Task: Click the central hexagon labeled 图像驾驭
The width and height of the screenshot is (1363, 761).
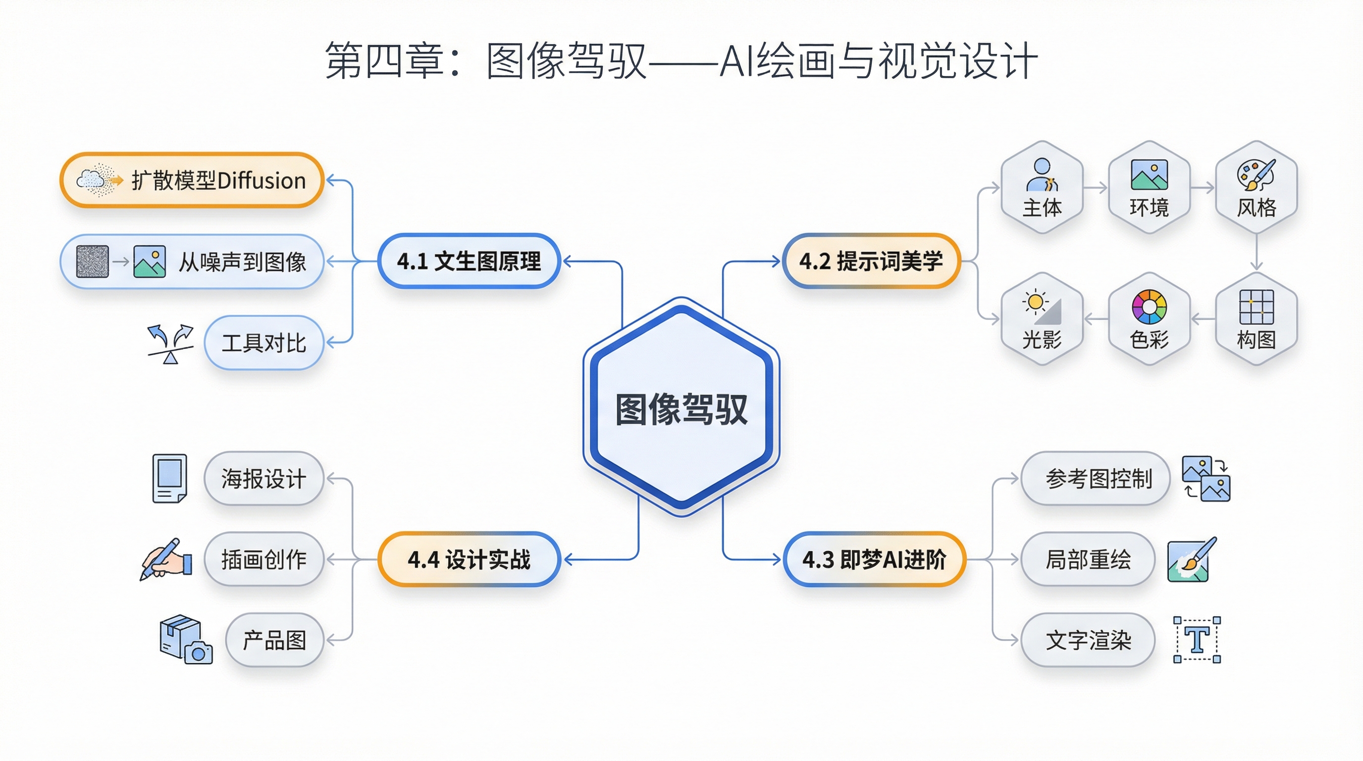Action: tap(681, 407)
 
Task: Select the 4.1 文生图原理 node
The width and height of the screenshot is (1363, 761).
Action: tap(469, 261)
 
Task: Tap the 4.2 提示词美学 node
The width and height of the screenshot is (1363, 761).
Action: tap(871, 261)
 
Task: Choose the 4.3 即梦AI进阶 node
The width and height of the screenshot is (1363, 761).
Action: tap(874, 559)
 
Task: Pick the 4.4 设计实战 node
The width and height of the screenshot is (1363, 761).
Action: tap(469, 559)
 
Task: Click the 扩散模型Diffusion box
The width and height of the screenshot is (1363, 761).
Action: tap(192, 180)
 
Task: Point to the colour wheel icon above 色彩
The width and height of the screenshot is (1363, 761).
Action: tap(1149, 306)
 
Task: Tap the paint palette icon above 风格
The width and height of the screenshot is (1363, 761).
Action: tap(1256, 174)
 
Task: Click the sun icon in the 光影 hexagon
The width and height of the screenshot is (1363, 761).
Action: tap(1036, 302)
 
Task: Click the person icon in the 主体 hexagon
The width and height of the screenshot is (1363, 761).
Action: tap(1041, 174)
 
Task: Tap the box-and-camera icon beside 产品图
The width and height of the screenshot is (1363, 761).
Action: tap(186, 639)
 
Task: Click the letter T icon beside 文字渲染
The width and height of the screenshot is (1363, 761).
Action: tap(1197, 640)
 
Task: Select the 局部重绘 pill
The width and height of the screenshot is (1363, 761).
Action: tap(1088, 559)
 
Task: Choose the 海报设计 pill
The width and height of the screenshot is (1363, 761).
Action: tap(263, 479)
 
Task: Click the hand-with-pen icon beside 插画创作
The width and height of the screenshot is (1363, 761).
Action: tap(166, 559)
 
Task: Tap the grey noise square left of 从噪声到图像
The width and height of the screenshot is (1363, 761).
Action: tap(93, 262)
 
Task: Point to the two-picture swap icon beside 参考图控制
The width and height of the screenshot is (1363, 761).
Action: tap(1206, 479)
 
